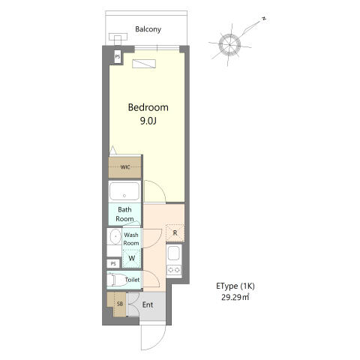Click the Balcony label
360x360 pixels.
coord(148,29)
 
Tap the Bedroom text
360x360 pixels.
coord(148,107)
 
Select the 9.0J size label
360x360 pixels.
coord(148,121)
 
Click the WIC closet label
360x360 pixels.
coord(125,167)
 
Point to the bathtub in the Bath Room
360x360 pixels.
coord(124,191)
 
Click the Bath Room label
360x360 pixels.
coord(124,214)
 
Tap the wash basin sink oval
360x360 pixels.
coord(115,236)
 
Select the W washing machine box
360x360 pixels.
coord(132,258)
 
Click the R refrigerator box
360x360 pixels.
coord(175,233)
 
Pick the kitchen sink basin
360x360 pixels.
coord(174,253)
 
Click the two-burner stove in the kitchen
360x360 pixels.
coord(174,270)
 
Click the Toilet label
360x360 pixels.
coord(132,280)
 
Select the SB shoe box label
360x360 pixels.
coord(120,304)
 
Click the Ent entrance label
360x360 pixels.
coord(148,304)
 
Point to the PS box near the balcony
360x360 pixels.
coord(118,56)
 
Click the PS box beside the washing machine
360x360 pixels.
coord(113,264)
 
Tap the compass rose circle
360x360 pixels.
coord(229,45)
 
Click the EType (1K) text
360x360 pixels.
coord(235,286)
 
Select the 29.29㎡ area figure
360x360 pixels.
coord(235,298)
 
